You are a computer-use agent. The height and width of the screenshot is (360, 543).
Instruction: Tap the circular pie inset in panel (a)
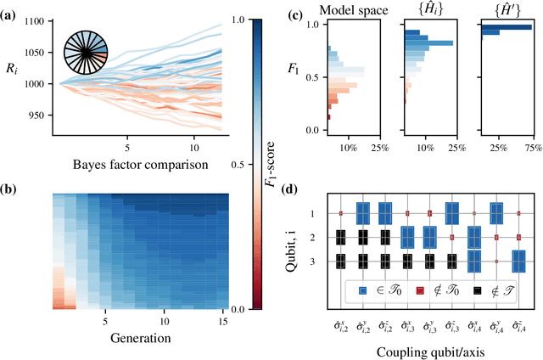click(87, 64)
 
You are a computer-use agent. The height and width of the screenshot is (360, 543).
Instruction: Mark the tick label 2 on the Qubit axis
click(311, 238)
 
